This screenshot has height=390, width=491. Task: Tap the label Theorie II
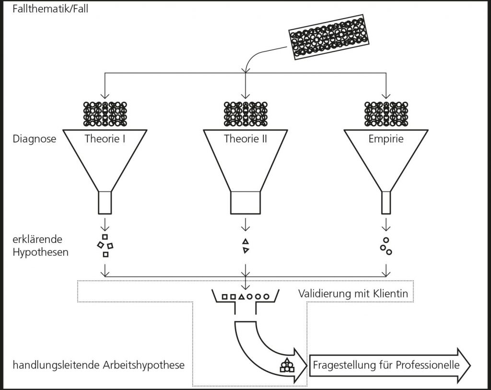245,139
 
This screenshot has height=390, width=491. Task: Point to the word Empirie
386,139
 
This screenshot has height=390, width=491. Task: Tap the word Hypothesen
41,251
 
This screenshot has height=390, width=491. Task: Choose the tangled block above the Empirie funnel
386,114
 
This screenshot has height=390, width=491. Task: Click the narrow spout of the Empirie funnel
386,202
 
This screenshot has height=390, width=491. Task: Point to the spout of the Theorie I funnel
105,202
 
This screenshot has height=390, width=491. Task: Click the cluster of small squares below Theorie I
105,245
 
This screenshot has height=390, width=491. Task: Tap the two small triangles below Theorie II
245,245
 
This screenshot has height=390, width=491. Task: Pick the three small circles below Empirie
386,245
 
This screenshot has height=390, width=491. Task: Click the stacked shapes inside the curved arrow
287,366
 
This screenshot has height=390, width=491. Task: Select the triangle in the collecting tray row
241,297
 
